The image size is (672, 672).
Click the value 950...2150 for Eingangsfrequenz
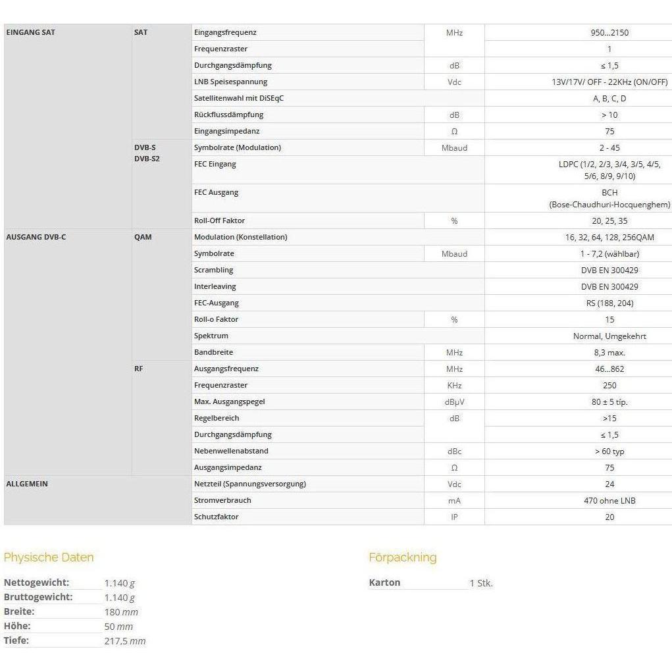point(609,32)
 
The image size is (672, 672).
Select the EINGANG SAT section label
point(30,32)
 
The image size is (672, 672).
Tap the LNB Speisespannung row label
point(230,82)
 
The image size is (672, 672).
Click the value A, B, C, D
point(609,98)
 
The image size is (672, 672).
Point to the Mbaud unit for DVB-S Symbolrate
point(454,147)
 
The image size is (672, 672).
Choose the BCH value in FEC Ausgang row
point(609,192)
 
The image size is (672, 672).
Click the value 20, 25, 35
point(609,221)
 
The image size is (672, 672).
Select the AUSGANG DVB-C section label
point(36,237)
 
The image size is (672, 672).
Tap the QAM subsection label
point(143,237)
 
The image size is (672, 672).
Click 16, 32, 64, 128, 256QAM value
point(609,237)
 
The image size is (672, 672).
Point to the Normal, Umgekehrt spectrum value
point(609,336)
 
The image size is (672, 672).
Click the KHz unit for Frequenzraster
point(454,385)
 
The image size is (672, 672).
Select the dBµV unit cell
point(454,401)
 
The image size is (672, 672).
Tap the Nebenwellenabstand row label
point(231,451)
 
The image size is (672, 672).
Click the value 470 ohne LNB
point(609,500)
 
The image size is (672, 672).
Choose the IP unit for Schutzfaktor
point(454,517)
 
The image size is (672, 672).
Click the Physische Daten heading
point(49,557)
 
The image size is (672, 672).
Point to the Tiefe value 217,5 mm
point(125,641)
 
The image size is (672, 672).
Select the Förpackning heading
point(402,557)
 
